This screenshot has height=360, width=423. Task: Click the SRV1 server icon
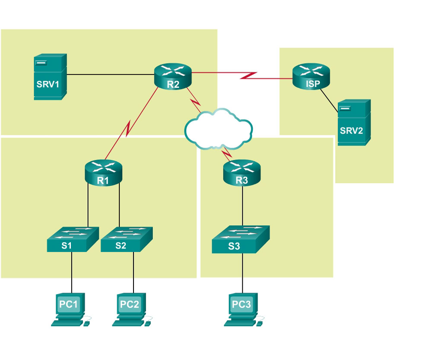click(x=50, y=76)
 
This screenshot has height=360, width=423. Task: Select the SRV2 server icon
click(x=354, y=122)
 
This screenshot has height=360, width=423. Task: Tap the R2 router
click(x=173, y=76)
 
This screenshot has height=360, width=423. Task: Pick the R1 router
click(x=103, y=172)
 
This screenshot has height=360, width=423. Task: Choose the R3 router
click(x=242, y=172)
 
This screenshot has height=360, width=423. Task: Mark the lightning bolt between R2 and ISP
click(x=249, y=76)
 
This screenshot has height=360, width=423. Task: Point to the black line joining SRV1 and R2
click(x=110, y=74)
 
